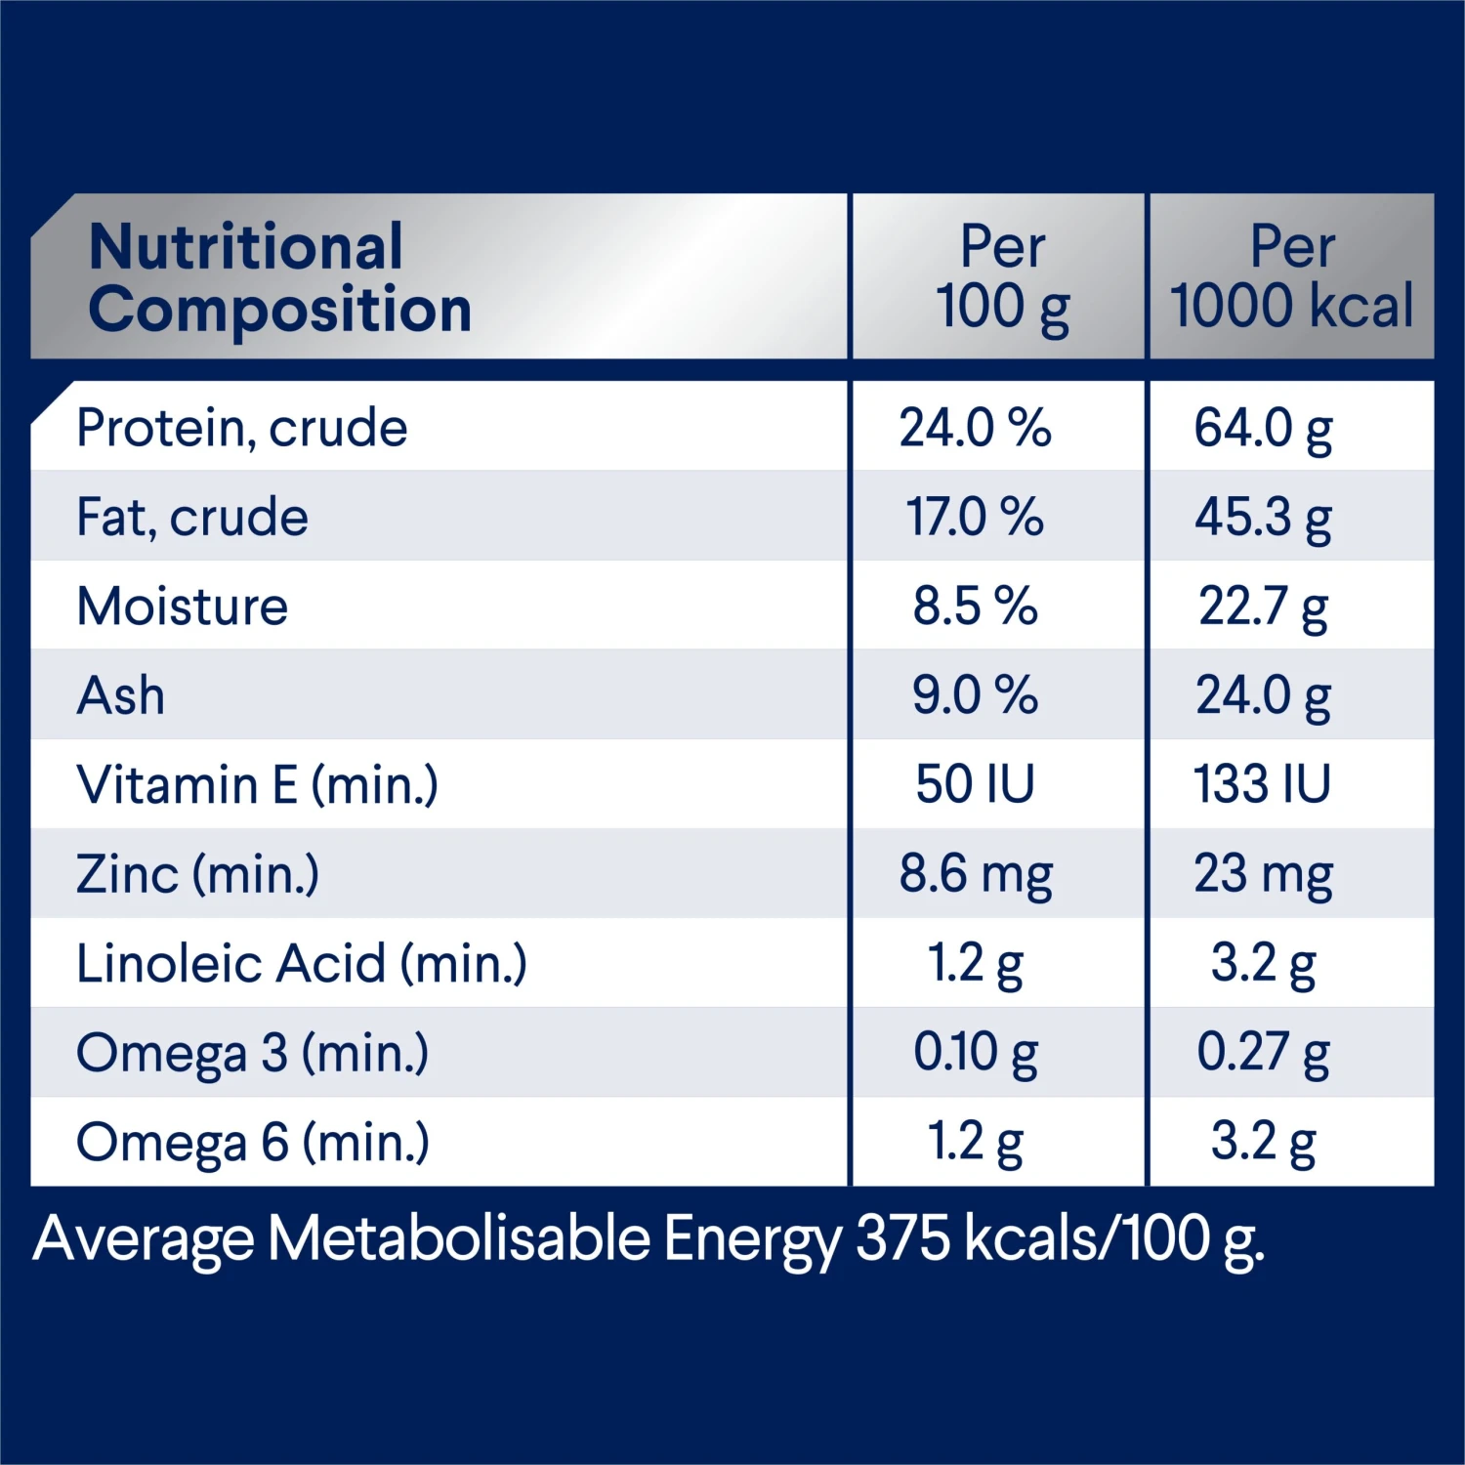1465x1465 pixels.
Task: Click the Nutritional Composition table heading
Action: click(279, 277)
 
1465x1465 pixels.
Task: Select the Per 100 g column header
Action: click(1002, 277)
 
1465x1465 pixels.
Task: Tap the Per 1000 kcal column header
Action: click(1291, 277)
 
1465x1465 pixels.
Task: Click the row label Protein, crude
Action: click(242, 428)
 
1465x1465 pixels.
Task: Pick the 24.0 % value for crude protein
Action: click(975, 428)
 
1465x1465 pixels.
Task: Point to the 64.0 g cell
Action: click(1263, 428)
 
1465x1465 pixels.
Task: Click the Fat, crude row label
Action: click(192, 517)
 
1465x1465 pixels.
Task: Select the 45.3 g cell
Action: click(1263, 517)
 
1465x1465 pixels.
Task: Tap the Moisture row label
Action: click(183, 607)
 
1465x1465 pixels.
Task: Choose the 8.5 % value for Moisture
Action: click(975, 607)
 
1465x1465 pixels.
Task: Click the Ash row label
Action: click(121, 695)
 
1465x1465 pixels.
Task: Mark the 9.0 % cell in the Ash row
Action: click(975, 695)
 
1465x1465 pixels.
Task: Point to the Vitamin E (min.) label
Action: click(258, 784)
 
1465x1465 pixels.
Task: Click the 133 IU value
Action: click(1262, 784)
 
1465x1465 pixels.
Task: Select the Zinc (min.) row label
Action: click(197, 874)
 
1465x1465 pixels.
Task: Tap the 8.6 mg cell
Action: click(976, 874)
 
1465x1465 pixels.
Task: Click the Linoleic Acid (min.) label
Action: click(302, 964)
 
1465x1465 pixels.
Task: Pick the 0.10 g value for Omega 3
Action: click(975, 1053)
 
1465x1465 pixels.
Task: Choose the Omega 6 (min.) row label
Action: click(253, 1142)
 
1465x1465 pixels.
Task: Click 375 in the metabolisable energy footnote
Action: click(902, 1238)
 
